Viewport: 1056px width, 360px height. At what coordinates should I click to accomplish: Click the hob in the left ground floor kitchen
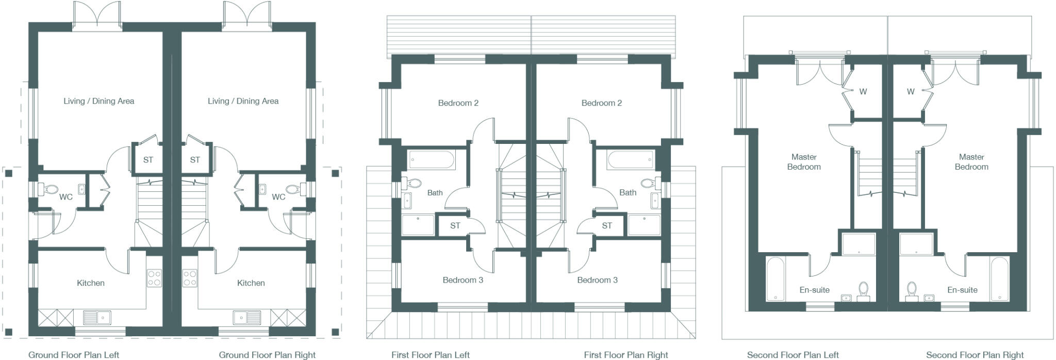(x=154, y=278)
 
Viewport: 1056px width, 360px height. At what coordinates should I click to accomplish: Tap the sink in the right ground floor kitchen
(x=245, y=316)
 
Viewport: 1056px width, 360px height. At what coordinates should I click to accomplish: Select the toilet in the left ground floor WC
(x=50, y=189)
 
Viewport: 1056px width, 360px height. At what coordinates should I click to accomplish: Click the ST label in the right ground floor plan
(x=195, y=160)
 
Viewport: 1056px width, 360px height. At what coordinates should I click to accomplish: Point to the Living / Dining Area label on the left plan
(x=99, y=101)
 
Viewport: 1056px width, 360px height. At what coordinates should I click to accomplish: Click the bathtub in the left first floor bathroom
(x=432, y=159)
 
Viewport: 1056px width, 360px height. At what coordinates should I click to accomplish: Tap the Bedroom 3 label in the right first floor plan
(x=597, y=280)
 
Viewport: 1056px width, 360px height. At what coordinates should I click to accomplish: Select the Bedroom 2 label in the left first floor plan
(x=458, y=103)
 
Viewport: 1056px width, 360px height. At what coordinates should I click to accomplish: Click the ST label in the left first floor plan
(x=455, y=226)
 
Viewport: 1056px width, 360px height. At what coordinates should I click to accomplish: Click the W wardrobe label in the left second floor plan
(x=863, y=92)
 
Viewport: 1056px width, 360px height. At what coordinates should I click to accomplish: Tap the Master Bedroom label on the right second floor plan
(x=971, y=162)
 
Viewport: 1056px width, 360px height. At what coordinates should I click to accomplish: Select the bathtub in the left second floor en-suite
(x=775, y=279)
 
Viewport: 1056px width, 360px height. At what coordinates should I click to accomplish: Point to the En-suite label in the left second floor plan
(x=815, y=290)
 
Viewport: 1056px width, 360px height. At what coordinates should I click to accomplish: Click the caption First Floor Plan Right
(x=625, y=355)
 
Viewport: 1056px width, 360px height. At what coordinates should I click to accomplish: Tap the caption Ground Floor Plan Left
(x=74, y=355)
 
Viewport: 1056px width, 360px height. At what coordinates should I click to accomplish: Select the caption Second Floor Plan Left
(x=793, y=355)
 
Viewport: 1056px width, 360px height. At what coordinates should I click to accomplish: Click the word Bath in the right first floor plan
(x=628, y=192)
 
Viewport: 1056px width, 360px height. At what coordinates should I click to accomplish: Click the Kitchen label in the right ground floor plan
(x=251, y=283)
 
